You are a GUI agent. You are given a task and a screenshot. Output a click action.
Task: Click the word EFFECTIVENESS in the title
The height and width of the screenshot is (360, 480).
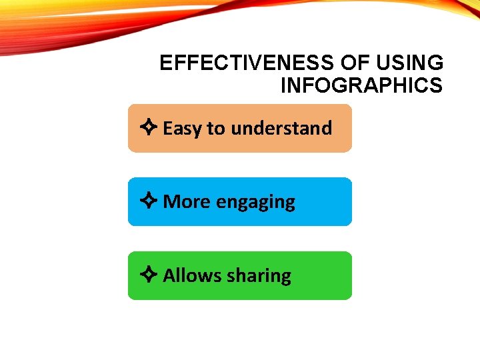(247, 63)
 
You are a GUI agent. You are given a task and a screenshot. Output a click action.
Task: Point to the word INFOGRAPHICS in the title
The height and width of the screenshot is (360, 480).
(361, 86)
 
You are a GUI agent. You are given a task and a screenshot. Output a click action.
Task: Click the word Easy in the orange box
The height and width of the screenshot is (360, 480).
(183, 129)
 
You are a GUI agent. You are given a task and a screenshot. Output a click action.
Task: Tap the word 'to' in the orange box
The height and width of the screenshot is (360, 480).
(216, 129)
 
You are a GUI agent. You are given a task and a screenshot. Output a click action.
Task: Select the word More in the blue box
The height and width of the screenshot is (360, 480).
(187, 201)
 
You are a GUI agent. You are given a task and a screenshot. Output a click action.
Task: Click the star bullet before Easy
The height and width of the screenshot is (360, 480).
(149, 128)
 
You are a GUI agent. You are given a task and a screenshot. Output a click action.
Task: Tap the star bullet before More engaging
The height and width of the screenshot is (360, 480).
(149, 201)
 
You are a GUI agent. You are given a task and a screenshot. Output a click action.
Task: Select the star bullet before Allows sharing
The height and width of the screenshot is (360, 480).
(149, 275)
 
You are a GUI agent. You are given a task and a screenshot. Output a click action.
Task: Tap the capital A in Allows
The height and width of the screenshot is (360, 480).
(169, 275)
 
